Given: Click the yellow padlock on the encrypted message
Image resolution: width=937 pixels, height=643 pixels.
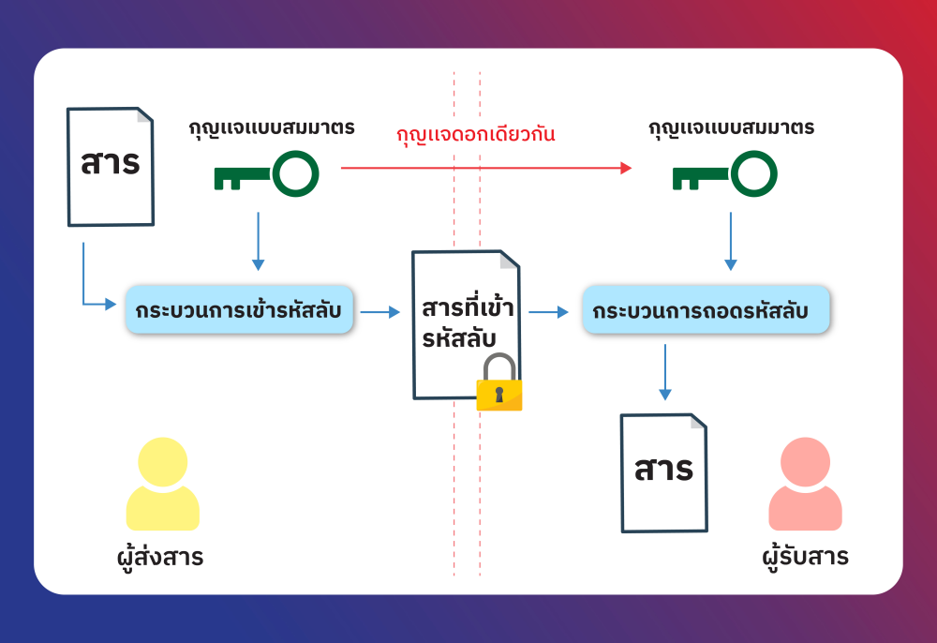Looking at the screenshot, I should pyautogui.click(x=498, y=383).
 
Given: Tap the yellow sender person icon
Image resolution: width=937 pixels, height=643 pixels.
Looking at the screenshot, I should pyautogui.click(x=163, y=485).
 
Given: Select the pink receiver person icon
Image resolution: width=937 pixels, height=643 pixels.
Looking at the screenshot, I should pyautogui.click(x=805, y=485).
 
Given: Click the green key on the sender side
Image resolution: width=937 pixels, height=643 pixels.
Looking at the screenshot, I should pyautogui.click(x=266, y=174).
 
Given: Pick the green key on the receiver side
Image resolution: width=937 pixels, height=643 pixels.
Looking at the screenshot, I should pyautogui.click(x=724, y=174).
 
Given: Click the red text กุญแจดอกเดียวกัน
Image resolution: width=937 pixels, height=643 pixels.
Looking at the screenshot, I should pyautogui.click(x=476, y=134).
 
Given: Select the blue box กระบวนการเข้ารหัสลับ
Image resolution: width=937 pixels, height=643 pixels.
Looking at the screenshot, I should pyautogui.click(x=239, y=310).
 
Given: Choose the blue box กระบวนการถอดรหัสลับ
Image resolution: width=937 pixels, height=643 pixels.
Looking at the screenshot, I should pyautogui.click(x=706, y=310).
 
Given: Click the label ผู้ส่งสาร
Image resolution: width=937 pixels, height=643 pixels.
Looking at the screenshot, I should pyautogui.click(x=155, y=558).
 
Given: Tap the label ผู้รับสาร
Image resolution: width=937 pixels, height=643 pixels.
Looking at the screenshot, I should pyautogui.click(x=805, y=558).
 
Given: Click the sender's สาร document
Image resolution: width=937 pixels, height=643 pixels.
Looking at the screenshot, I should pyautogui.click(x=111, y=166).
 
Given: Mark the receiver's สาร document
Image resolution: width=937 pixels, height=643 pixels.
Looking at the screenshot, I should pyautogui.click(x=664, y=472).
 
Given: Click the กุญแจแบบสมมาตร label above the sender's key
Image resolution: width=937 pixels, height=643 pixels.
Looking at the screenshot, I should pyautogui.click(x=272, y=127).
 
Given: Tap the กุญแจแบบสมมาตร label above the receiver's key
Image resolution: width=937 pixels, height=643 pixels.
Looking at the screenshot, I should pyautogui.click(x=731, y=127).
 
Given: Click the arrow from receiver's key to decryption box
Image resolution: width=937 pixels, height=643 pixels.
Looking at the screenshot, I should pyautogui.click(x=731, y=242).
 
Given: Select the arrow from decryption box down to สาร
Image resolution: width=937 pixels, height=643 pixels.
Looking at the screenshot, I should pyautogui.click(x=665, y=371).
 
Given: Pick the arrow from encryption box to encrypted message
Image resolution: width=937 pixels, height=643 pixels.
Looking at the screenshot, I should pyautogui.click(x=380, y=311).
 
